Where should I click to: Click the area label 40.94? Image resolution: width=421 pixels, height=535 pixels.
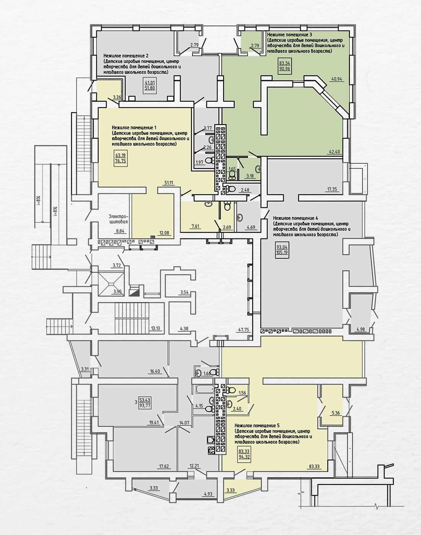tap(337, 79)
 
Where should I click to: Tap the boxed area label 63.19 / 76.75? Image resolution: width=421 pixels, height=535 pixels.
tap(121, 158)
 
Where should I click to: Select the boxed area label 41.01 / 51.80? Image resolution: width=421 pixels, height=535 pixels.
tap(150, 86)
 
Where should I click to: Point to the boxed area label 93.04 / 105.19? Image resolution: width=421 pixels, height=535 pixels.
tap(282, 250)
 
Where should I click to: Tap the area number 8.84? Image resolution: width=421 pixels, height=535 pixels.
tap(120, 231)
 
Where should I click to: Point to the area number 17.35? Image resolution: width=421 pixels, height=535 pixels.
tap(332, 189)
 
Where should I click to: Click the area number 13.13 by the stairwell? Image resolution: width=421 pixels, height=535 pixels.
tap(155, 328)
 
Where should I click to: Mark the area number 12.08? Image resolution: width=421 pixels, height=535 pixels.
tap(164, 233)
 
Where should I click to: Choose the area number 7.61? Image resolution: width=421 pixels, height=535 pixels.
tap(195, 226)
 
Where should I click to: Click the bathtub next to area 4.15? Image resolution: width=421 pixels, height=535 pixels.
tap(205, 389)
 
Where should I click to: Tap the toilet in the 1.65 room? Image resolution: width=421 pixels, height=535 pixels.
tap(232, 174)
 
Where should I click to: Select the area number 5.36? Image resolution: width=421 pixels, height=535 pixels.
tap(336, 413)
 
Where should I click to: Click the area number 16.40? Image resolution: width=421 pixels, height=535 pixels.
tap(155, 371)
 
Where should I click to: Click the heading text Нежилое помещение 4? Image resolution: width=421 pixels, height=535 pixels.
tap(295, 218)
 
